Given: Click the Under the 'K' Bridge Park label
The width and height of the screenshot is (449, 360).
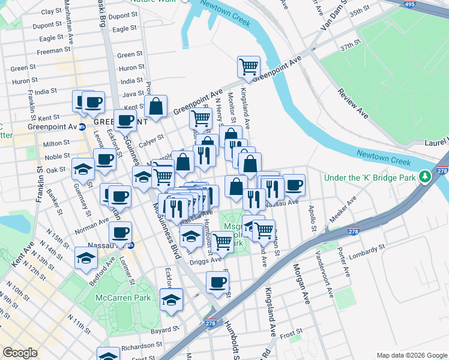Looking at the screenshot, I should point(370,178).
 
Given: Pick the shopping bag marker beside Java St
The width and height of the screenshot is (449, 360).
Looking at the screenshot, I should point(155,106).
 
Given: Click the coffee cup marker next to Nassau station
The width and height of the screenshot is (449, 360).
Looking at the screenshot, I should point(120,233).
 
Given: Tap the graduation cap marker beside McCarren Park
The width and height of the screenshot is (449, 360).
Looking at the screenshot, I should point(171,299).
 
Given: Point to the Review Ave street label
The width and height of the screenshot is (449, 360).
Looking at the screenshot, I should point(353,102).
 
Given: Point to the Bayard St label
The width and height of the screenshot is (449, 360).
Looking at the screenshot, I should point(164,329).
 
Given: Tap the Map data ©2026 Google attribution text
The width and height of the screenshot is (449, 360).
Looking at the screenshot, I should point(412,355).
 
